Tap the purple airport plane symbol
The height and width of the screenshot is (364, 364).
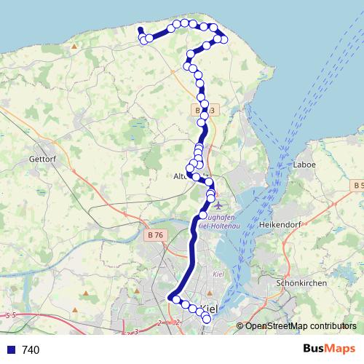point(218,205)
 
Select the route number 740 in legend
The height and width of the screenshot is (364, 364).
point(31,350)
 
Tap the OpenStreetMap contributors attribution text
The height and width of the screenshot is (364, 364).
point(301,326)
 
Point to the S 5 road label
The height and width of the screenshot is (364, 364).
point(9,315)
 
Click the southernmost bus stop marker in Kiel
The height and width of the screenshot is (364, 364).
point(206,319)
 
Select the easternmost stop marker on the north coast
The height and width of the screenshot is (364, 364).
point(223,39)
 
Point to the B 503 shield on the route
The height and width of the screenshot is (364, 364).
point(204,110)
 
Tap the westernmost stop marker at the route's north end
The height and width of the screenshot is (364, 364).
point(143,39)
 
